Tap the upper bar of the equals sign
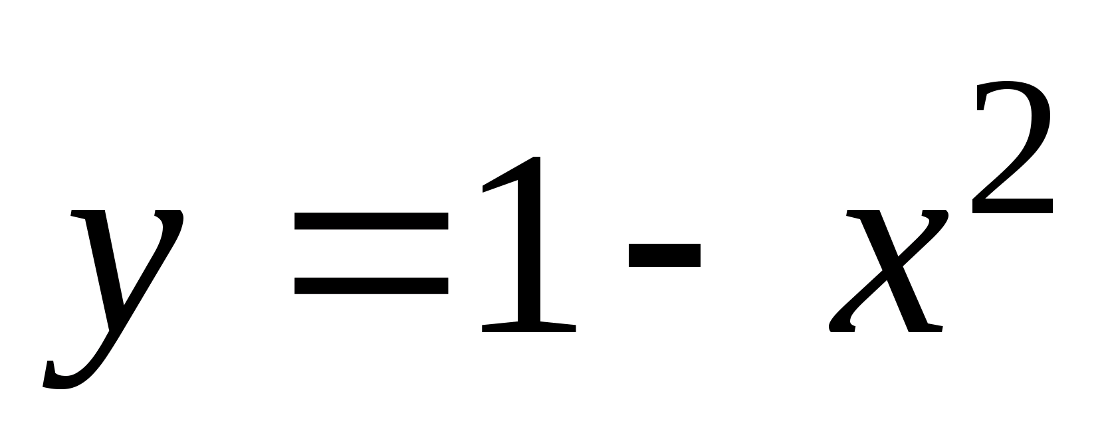point(371,221)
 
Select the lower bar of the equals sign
point(371,286)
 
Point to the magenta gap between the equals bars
point(371,254)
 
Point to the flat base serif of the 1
point(528,327)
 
